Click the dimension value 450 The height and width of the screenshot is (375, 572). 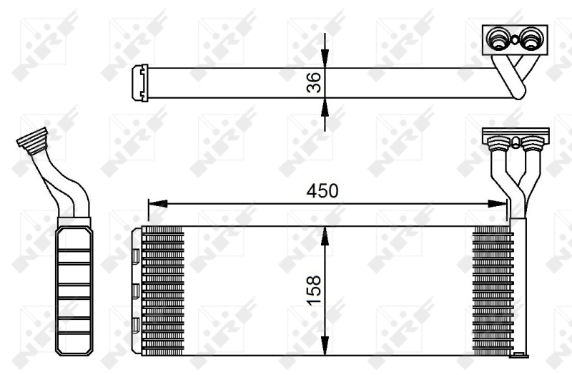(x=322, y=190)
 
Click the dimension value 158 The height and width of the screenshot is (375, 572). (x=314, y=291)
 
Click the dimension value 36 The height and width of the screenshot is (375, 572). (x=314, y=82)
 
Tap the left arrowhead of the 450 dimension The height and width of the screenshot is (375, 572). (x=157, y=204)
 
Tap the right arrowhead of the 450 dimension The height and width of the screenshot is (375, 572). (x=498, y=204)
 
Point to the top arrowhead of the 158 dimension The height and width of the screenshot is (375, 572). (x=325, y=236)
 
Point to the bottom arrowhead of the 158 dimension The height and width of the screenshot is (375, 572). (x=325, y=346)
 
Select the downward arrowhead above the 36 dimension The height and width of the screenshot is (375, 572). (x=325, y=59)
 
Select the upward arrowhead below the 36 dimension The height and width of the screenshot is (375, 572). (x=325, y=107)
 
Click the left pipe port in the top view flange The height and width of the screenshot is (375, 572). (x=498, y=39)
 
